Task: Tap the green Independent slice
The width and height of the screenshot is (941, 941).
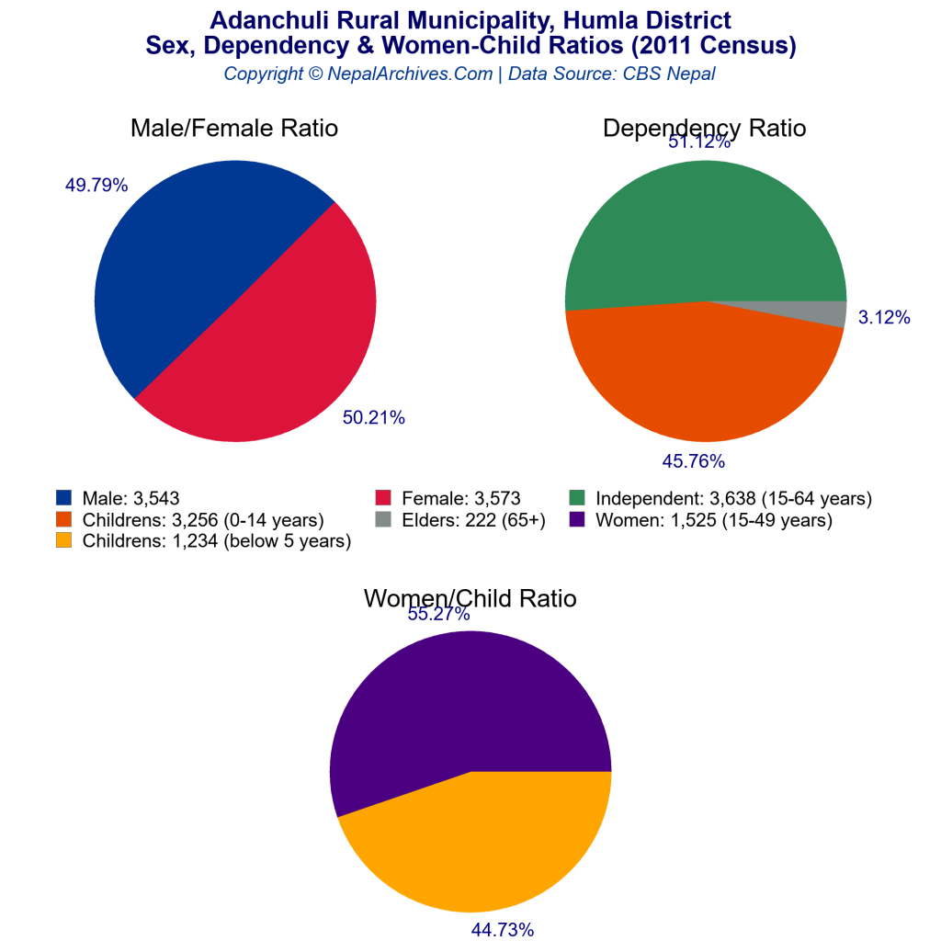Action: click(x=698, y=230)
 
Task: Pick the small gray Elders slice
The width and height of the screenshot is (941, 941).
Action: click(x=827, y=313)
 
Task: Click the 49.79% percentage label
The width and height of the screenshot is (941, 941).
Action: click(x=96, y=185)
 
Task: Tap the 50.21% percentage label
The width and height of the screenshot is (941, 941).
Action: click(x=373, y=418)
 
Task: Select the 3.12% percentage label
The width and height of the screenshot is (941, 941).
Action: click(x=884, y=318)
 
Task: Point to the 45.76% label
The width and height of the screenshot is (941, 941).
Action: click(x=694, y=460)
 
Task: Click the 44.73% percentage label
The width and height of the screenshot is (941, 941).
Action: click(x=502, y=930)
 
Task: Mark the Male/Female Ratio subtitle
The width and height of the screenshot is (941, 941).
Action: click(x=234, y=129)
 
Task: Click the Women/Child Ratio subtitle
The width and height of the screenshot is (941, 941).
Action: click(x=470, y=598)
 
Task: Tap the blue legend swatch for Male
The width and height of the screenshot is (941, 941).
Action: click(x=63, y=498)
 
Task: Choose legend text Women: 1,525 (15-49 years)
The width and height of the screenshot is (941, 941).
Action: click(x=714, y=520)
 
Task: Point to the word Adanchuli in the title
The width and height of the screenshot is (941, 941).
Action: click(x=263, y=20)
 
